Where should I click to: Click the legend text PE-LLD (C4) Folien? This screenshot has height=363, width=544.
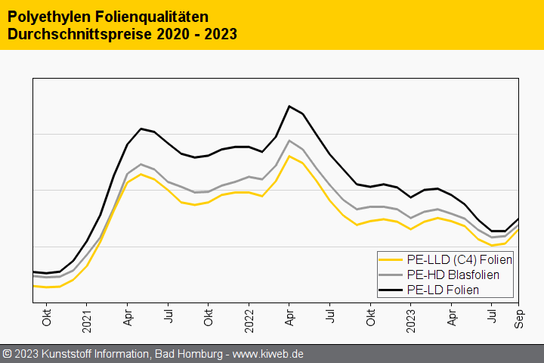[x=459, y=259]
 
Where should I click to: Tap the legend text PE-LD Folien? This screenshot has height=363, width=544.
[x=443, y=290]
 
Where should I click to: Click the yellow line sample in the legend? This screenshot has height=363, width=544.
[x=391, y=259]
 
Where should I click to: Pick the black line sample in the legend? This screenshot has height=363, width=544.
[x=391, y=290]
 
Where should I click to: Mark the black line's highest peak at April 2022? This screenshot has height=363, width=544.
[x=289, y=106]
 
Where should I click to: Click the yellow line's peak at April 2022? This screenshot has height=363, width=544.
[x=289, y=156]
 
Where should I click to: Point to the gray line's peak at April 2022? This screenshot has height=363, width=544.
[x=289, y=141]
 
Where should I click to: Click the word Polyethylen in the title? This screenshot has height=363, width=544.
[x=44, y=16]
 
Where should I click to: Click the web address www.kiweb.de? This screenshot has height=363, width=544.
[x=267, y=354]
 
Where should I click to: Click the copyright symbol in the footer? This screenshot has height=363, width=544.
[x=7, y=354]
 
